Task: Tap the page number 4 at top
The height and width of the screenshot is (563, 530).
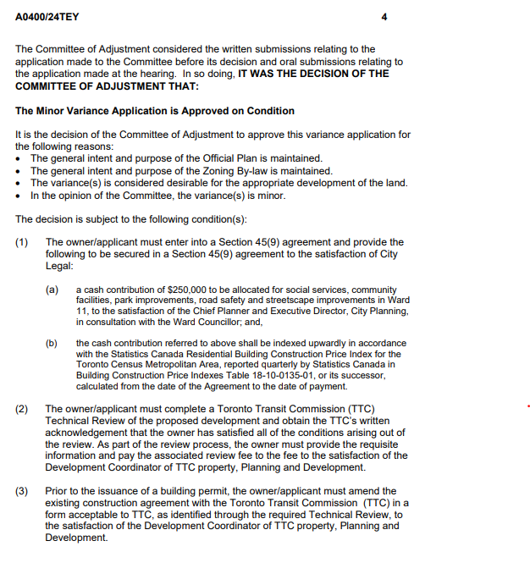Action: pyautogui.click(x=384, y=17)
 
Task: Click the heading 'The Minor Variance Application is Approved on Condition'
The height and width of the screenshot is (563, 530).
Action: pyautogui.click(x=155, y=111)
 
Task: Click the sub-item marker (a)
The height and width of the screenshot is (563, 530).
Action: pyautogui.click(x=52, y=290)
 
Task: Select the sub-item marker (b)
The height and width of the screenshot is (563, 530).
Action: pyautogui.click(x=52, y=343)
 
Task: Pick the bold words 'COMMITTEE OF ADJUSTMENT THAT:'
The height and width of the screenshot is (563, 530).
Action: pyautogui.click(x=108, y=86)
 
